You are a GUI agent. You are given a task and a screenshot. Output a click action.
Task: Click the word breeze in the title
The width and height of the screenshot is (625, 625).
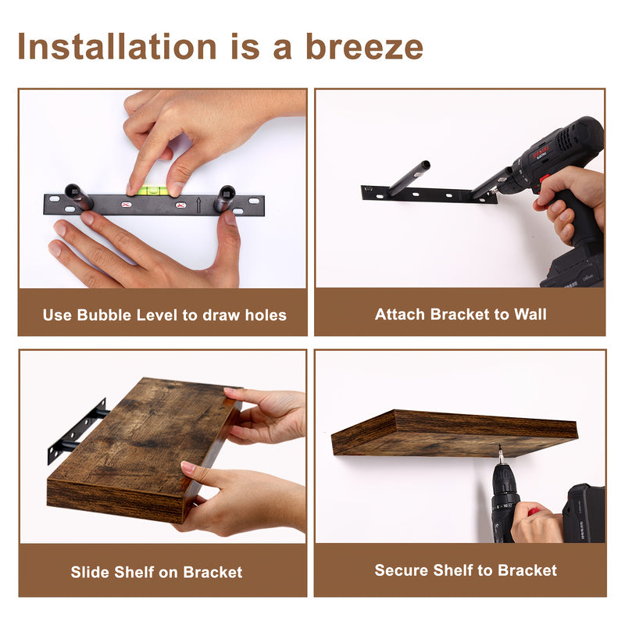click(364, 47)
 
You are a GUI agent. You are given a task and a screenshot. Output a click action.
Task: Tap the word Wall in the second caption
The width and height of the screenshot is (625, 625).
click(530, 314)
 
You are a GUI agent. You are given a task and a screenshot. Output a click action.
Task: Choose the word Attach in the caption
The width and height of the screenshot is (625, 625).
click(400, 314)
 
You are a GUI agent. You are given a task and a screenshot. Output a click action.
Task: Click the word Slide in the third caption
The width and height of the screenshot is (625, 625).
click(89, 572)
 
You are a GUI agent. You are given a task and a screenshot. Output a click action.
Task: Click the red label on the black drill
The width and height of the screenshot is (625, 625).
click(541, 152)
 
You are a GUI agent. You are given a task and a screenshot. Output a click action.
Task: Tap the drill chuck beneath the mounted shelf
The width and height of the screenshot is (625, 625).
click(502, 470)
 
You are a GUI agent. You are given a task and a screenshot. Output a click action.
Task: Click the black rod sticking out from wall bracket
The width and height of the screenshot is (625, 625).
click(409, 178)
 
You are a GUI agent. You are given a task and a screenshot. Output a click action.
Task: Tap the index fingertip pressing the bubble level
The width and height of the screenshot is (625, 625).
click(131, 187)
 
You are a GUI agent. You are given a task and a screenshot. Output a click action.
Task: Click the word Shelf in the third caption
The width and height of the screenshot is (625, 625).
click(135, 572)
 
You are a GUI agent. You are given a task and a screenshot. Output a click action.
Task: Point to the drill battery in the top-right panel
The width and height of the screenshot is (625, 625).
click(574, 270)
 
